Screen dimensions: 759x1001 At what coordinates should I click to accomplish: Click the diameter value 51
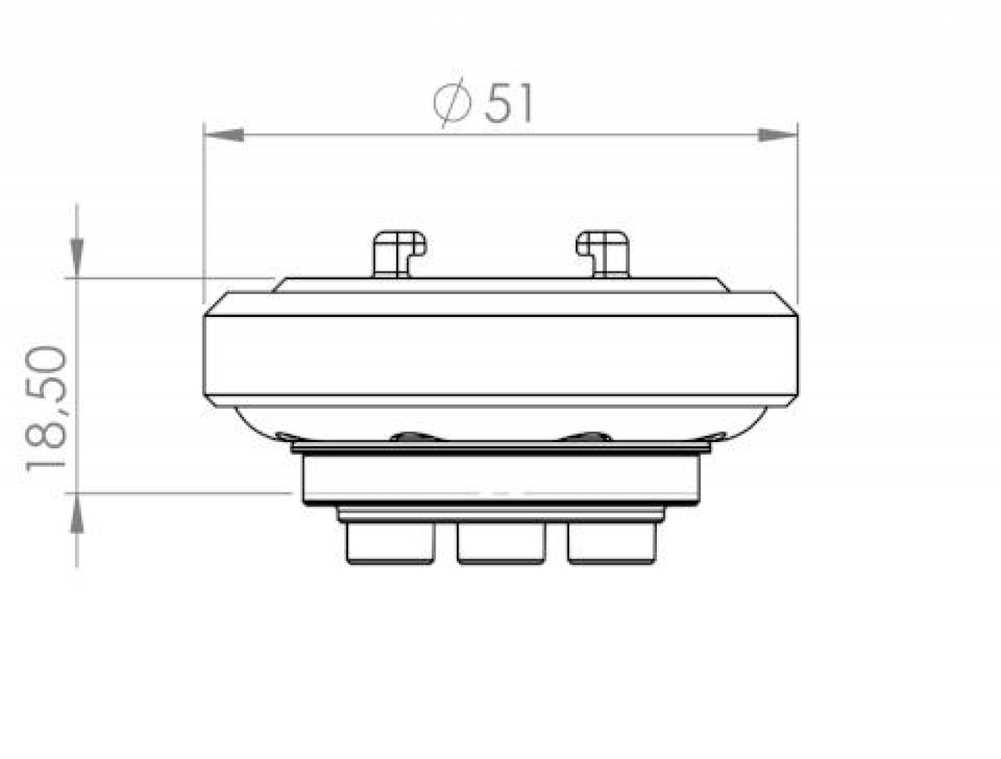[x=509, y=103]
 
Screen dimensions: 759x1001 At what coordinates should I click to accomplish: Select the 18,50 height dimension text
[x=45, y=409]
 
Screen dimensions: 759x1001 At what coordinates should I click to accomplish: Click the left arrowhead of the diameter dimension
[x=222, y=135]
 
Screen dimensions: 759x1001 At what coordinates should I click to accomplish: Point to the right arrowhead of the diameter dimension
[x=778, y=135]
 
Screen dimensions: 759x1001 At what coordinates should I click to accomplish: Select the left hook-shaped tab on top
[x=398, y=252]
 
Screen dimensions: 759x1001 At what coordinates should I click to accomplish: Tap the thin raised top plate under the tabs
[x=500, y=285]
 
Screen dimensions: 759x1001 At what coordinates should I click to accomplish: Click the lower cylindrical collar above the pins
[x=500, y=477]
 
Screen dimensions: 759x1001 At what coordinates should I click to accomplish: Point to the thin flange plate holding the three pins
[x=500, y=514]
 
